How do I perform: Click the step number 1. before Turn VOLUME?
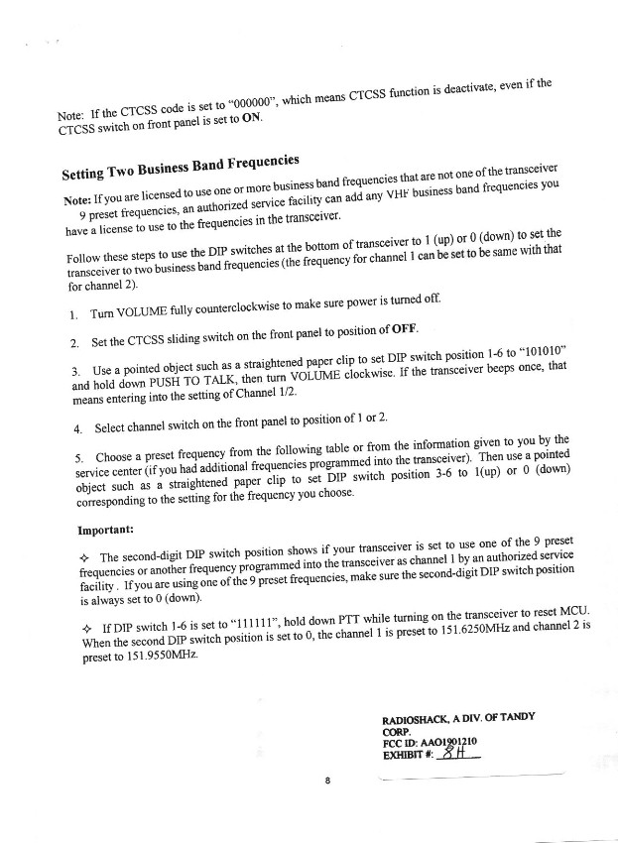pyautogui.click(x=74, y=315)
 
